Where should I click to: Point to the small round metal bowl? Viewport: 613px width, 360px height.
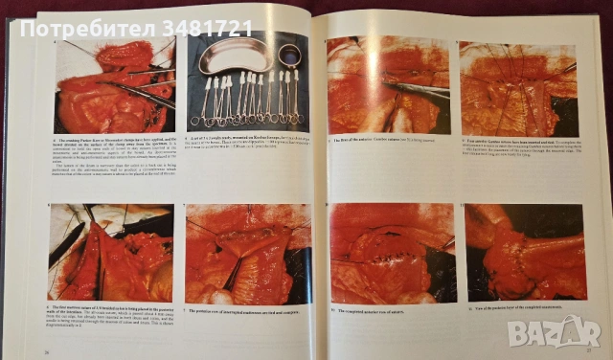tap(288, 56)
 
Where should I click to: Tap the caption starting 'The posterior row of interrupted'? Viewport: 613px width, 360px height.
tap(249, 312)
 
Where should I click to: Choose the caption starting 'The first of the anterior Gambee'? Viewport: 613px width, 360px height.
tap(383, 142)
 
